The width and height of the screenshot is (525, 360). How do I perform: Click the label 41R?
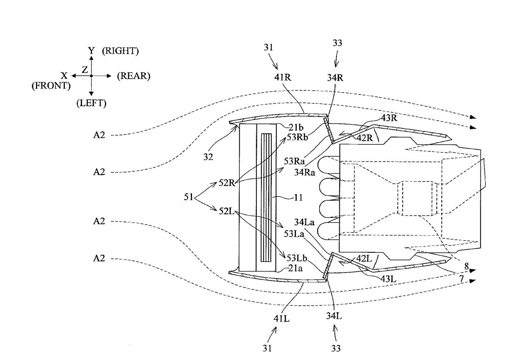(x=282, y=78)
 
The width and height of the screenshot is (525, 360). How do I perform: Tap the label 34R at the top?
(x=335, y=78)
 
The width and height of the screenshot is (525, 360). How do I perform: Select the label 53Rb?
(x=297, y=137)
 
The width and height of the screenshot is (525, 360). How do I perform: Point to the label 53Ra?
(x=294, y=161)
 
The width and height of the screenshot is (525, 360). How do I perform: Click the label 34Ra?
(x=304, y=172)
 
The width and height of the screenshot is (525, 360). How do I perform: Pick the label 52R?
(x=227, y=183)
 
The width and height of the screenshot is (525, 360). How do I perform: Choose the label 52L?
(x=226, y=211)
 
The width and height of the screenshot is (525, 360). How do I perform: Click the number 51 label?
(x=189, y=196)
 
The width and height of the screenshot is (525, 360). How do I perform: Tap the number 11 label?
(x=298, y=197)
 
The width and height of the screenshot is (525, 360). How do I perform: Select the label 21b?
(x=296, y=127)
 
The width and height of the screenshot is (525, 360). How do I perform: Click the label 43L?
(x=388, y=279)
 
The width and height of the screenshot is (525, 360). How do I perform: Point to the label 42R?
(x=364, y=138)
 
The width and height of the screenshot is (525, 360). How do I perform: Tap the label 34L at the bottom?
(x=334, y=316)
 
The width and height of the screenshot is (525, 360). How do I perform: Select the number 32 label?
(x=208, y=157)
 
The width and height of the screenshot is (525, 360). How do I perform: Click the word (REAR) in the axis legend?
(x=133, y=76)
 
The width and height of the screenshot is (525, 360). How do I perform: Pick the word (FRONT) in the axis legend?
(x=51, y=86)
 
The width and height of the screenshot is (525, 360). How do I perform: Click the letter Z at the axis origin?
(x=85, y=70)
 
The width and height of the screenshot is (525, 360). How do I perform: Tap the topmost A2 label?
(x=99, y=135)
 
